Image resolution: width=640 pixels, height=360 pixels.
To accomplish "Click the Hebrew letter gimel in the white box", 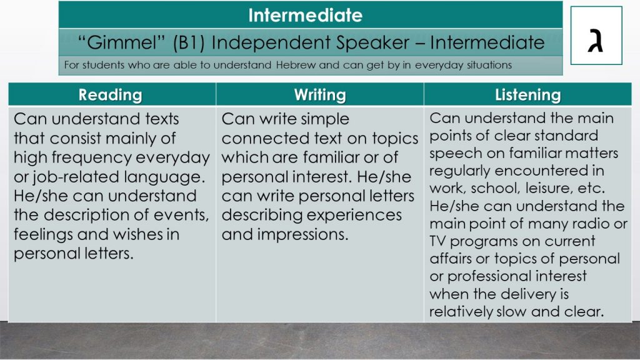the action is pos(596,41).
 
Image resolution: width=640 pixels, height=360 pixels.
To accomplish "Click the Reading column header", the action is pos(110,95).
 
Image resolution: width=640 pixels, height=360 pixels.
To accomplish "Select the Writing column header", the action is pos(320,95).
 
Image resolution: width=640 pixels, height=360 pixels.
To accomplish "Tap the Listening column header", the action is pos(527,95).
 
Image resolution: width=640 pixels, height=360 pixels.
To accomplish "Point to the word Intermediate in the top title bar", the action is pos(305,15).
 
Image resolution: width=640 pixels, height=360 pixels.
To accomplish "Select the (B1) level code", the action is pos(189,43).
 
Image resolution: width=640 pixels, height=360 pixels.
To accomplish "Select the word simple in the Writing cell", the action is pos(324,119).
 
